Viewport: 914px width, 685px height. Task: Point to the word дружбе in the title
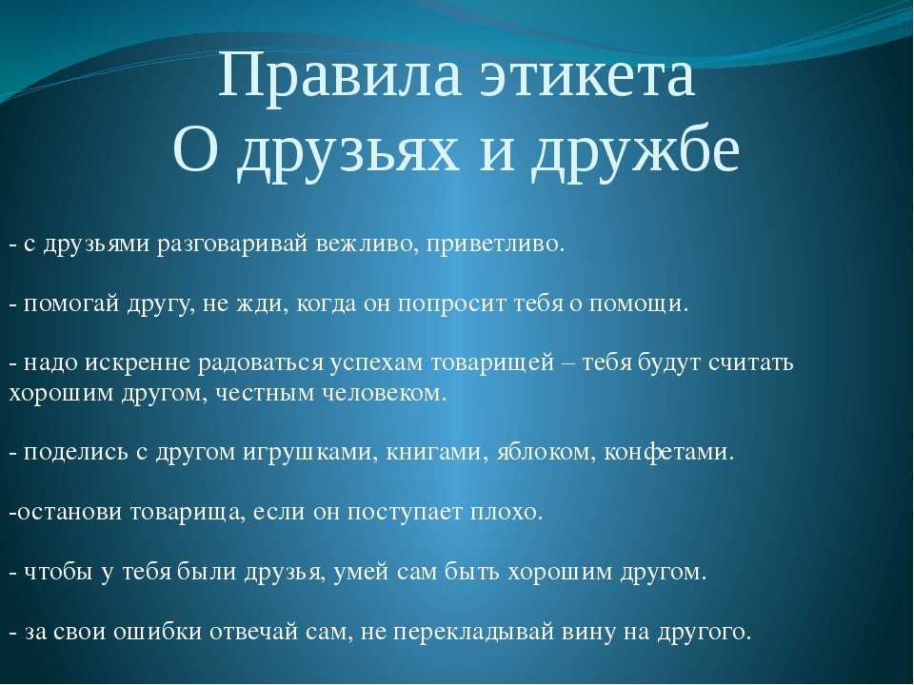click(635, 150)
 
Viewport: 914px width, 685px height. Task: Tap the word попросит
click(451, 304)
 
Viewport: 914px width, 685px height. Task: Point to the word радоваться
click(261, 363)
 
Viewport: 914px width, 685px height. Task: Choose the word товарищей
click(492, 363)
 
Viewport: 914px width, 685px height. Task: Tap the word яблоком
click(546, 451)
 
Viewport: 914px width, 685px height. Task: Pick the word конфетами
click(667, 451)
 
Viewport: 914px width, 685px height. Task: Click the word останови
click(69, 513)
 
